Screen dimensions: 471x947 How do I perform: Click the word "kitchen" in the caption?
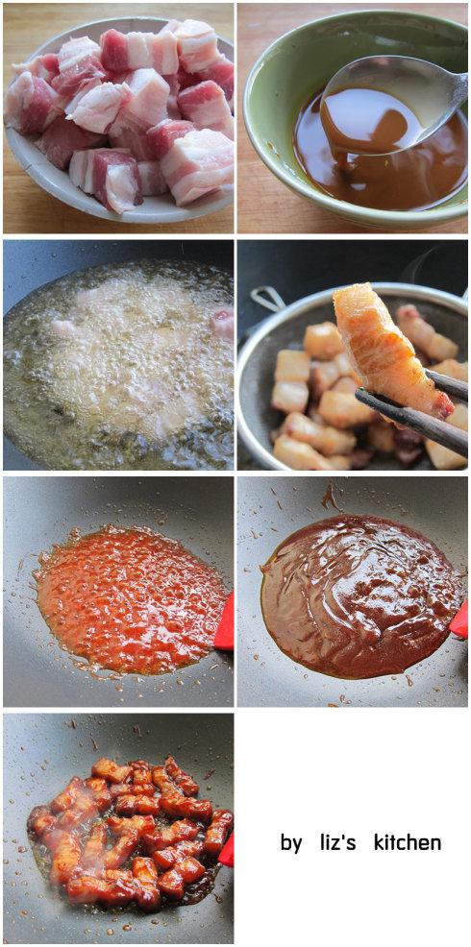coord(408,842)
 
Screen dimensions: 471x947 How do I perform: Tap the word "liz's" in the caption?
coord(339,842)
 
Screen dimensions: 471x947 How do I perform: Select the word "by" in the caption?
coord(291,843)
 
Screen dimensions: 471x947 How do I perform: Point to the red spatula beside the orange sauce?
coord(225,622)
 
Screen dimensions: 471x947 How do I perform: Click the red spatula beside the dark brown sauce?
coord(459,619)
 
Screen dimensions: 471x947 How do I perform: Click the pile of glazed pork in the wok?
coord(130,834)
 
